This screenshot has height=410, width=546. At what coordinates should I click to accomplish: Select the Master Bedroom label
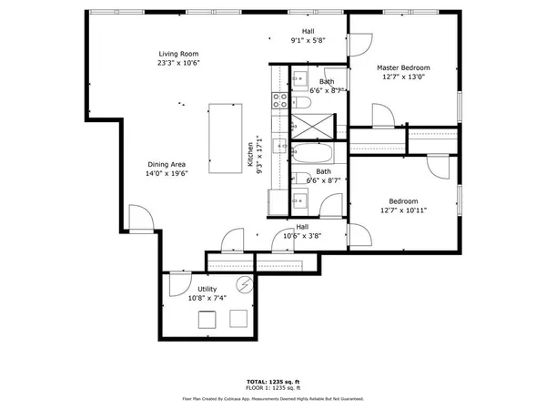coord(403,68)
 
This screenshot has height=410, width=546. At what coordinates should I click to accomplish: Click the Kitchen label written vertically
coord(250,155)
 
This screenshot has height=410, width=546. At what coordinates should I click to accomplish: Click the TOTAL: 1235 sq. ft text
coord(272,381)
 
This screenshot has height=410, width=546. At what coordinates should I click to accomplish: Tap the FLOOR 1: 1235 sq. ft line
coord(272,388)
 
